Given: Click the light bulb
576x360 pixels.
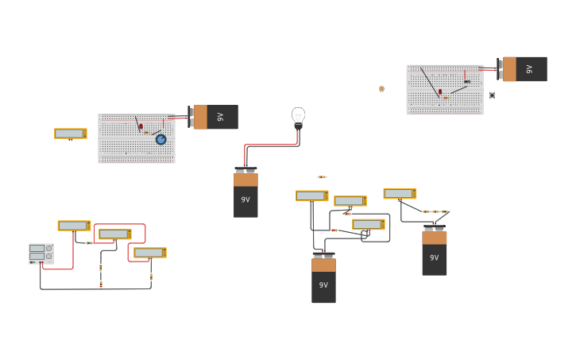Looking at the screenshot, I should click(298, 117).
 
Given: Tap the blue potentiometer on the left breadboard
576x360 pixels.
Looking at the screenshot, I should click(160, 139).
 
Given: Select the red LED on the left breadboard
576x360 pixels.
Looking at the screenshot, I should click(141, 126).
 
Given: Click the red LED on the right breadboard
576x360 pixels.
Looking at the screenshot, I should click(440, 92).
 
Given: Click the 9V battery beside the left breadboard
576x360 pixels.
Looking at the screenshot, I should click(215, 117).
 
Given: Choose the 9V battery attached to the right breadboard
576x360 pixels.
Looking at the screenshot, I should click(524, 69).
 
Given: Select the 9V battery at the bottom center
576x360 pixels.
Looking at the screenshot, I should click(323, 279).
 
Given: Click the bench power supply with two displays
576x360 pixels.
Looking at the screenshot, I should click(41, 253).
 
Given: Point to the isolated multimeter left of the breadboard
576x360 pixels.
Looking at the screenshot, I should click(70, 134).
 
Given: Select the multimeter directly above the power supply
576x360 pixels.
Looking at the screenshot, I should click(74, 226).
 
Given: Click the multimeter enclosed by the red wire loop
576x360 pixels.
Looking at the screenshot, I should click(115, 234).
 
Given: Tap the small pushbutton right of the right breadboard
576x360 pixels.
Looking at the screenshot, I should click(492, 95).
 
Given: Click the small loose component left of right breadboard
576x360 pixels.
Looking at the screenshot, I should click(381, 89).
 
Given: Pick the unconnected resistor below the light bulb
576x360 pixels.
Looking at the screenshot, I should click(322, 177).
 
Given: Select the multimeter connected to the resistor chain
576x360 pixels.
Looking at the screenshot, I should click(400, 193).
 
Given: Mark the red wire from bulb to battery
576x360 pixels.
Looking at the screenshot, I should click(270, 145).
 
